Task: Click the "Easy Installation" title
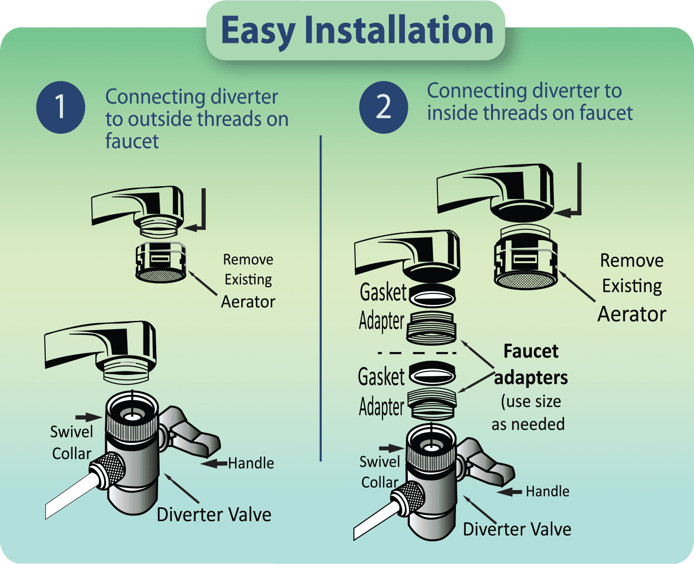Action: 357,30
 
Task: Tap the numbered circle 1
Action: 60,107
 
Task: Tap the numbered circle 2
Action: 384,107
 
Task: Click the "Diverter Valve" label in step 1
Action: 214,514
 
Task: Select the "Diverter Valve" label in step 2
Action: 517,529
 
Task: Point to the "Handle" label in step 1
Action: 251,463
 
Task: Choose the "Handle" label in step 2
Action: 548,492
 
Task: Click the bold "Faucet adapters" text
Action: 531,365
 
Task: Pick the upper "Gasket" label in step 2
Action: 383,292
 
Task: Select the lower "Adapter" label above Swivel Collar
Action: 382,407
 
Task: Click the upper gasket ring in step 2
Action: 432,295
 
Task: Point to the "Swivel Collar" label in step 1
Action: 72,442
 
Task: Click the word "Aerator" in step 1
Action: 248,302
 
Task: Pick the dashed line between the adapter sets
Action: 417,352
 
